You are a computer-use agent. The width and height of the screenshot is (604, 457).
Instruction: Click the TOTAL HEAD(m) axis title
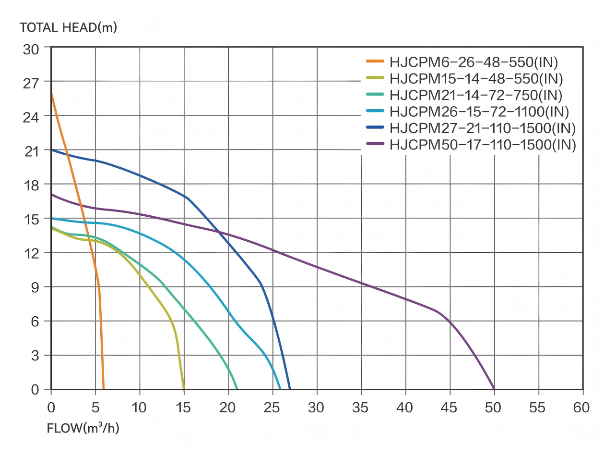[68, 27]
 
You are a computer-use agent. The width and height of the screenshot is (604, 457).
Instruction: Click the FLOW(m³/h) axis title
[83, 428]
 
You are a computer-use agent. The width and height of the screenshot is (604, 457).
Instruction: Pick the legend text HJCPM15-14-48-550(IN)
[476, 78]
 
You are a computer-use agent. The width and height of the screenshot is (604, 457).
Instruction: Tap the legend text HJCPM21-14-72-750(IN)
[476, 95]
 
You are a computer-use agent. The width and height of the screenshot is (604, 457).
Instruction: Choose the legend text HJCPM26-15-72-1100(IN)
[479, 112]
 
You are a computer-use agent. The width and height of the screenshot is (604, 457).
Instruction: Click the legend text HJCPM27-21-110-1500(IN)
[483, 129]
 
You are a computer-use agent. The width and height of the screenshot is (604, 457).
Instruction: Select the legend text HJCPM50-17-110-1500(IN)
[483, 145]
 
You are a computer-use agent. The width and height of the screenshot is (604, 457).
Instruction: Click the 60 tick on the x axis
[582, 408]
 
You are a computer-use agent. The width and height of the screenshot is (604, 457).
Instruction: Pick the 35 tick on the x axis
[361, 408]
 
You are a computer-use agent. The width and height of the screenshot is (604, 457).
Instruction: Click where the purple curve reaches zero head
[494, 389]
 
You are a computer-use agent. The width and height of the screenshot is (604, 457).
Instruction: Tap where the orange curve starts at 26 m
[51, 93]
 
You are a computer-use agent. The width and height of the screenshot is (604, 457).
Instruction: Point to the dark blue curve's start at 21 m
[51, 150]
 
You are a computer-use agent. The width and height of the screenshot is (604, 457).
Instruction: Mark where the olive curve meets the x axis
[184, 389]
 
